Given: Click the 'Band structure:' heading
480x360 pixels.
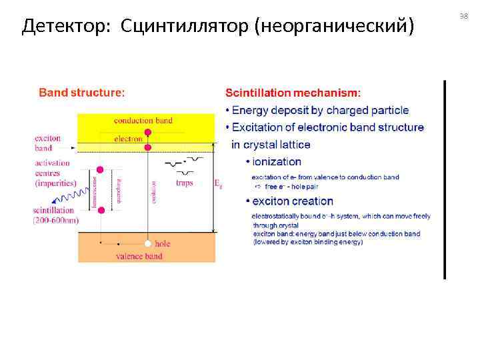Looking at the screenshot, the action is coord(81,93).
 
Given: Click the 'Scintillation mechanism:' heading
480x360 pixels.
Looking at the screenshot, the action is coord(293,93).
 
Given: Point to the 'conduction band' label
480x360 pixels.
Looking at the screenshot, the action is coord(143,121).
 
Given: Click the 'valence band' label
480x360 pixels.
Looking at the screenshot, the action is coord(139,255).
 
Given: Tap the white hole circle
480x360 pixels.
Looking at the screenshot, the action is coord(149,243).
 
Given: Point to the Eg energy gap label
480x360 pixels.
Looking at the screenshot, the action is coord(218,184).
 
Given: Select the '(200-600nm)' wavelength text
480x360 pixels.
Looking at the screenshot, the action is coord(56,220).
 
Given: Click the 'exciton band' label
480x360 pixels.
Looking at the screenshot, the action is coord(47,143).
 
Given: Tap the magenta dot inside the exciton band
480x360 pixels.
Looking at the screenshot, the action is coord(148,147).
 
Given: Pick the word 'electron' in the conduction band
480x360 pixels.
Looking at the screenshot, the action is coord(128,139).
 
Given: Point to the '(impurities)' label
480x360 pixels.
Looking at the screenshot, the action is coord(56,183).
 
